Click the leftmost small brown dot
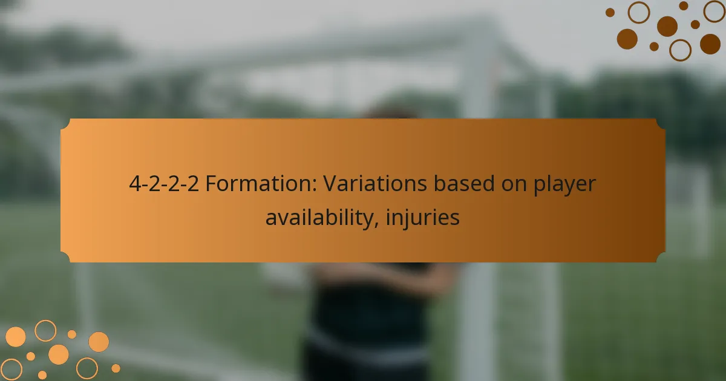point(610,12)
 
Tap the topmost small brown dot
point(684,5)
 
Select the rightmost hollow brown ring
point(715,11)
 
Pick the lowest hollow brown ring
point(681,50)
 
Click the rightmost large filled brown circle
point(710,44)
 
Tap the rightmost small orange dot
point(116,368)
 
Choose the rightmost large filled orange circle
point(99,342)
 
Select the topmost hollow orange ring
point(45,330)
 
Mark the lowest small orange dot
point(42,375)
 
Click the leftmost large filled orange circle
point(16,337)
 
